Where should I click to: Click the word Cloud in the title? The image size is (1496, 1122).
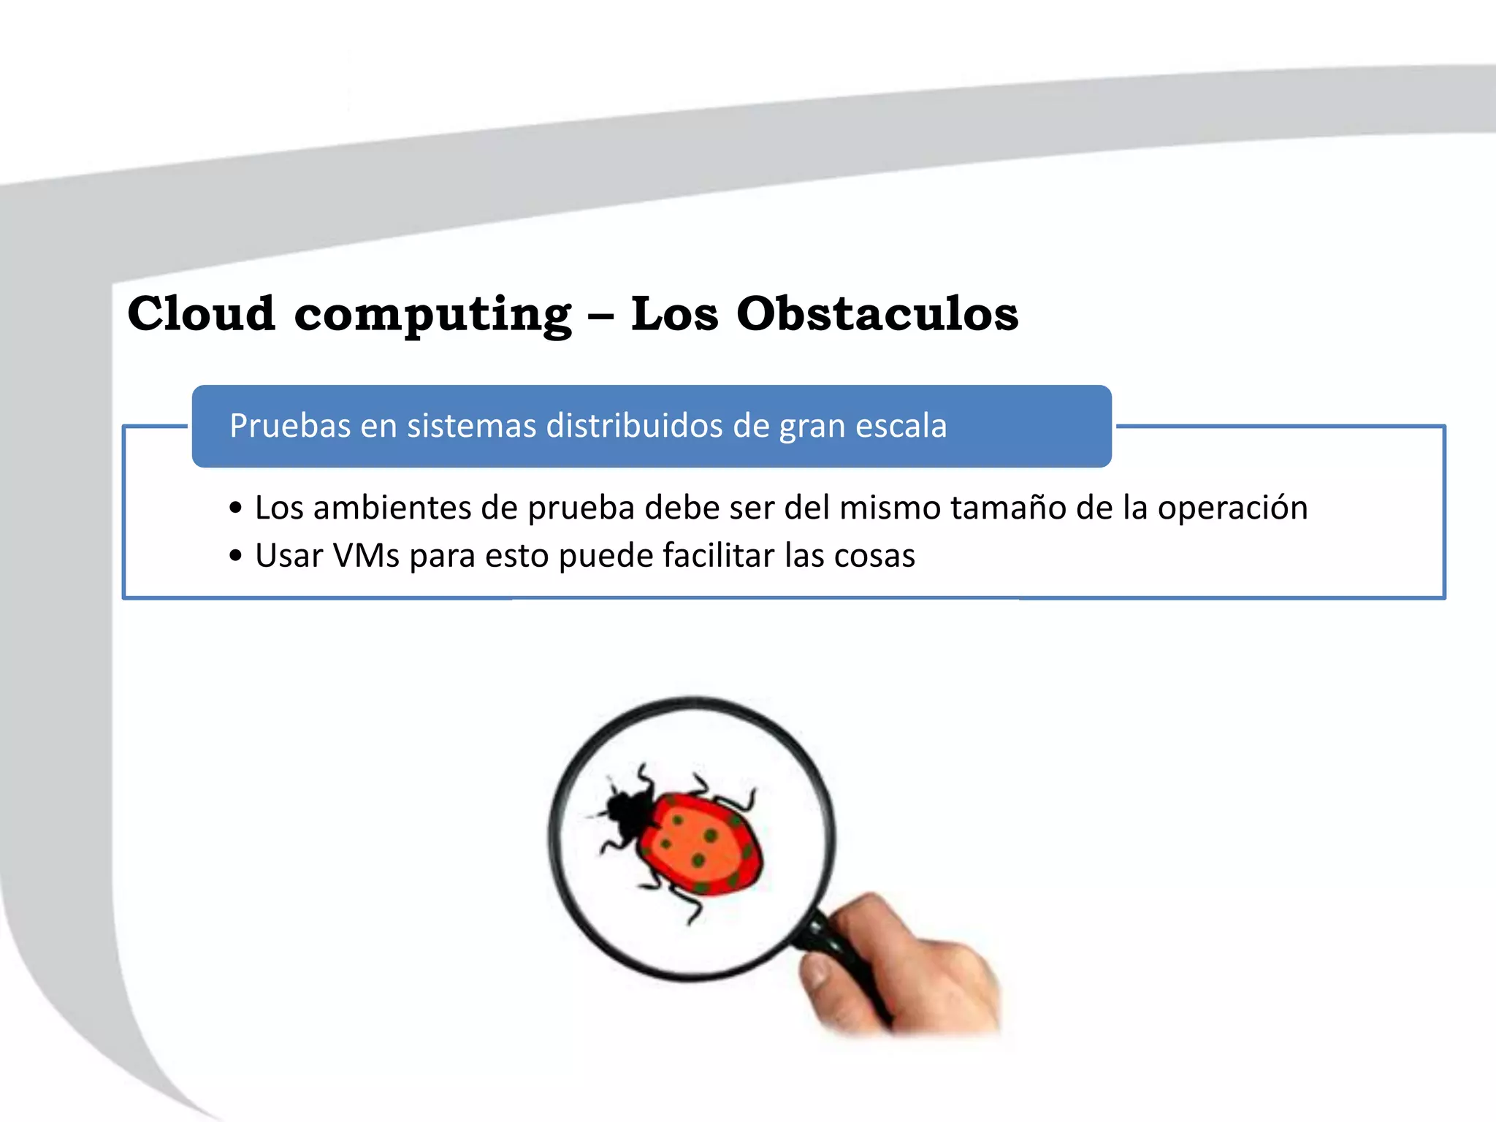202,313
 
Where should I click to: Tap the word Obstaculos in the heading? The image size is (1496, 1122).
877,313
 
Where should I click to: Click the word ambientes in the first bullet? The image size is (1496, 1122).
392,508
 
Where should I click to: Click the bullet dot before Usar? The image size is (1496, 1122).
235,556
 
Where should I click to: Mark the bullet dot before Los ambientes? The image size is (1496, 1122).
235,508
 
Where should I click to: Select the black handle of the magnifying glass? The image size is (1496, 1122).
840,950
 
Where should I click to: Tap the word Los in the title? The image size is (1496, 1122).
674,313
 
